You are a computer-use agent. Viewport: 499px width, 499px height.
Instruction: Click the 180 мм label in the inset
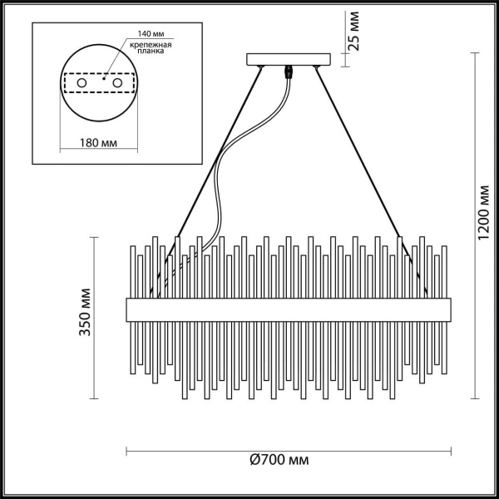point(97,142)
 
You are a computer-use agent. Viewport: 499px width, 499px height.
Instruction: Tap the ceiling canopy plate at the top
point(289,59)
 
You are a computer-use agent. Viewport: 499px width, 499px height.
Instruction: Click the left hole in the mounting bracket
point(82,84)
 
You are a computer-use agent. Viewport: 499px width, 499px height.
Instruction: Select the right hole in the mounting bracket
point(117,84)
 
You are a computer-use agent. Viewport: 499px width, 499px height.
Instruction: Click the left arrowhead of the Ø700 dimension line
point(128,452)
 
